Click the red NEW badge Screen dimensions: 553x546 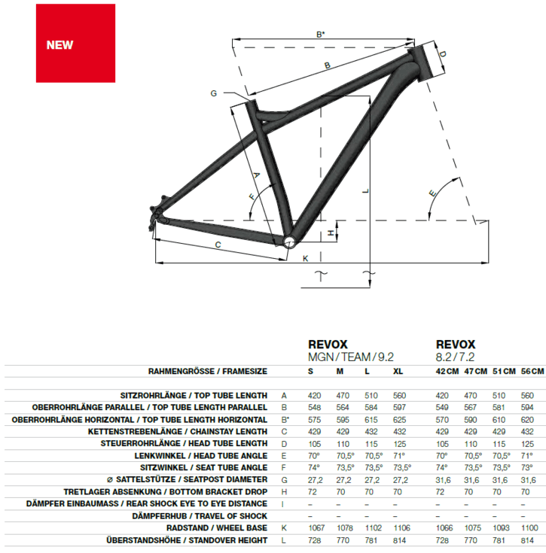tap(65, 44)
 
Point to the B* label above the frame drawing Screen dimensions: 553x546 tap(320, 34)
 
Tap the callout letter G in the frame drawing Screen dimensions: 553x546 tap(213, 93)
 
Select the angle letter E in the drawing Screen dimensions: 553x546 tap(432, 193)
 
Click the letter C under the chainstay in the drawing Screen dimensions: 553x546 tap(218, 245)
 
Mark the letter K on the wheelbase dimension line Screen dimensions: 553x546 tap(305, 259)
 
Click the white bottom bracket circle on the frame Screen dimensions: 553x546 tap(288, 240)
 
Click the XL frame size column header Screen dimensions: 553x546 tap(398, 371)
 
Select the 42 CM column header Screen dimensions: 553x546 tap(447, 371)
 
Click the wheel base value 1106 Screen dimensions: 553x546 tap(399, 527)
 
